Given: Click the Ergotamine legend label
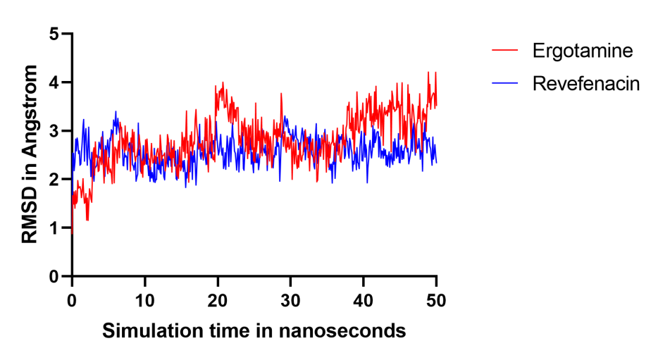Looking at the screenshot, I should (582, 51).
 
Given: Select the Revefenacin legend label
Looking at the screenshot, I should (585, 85).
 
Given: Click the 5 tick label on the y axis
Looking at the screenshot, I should (54, 34).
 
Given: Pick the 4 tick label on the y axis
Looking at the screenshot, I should (54, 82).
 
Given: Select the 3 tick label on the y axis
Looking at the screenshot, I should (54, 131).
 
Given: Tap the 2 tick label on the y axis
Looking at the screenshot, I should (54, 180).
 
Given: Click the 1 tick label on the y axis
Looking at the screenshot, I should (54, 228).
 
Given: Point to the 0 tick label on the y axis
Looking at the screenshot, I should (54, 276).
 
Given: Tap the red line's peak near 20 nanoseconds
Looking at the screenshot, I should (223, 82).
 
